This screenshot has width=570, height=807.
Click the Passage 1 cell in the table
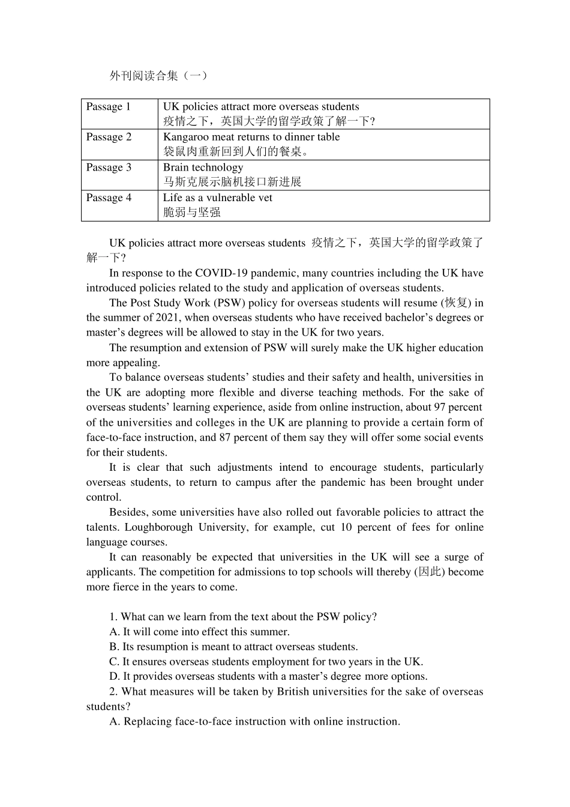pyautogui.click(x=108, y=107)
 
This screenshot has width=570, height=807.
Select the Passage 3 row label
pyautogui.click(x=109, y=168)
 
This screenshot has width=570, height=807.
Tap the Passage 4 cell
pyautogui.click(x=109, y=198)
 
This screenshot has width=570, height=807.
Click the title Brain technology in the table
pyautogui.click(x=203, y=168)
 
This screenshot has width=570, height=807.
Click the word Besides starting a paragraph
pyautogui.click(x=128, y=512)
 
